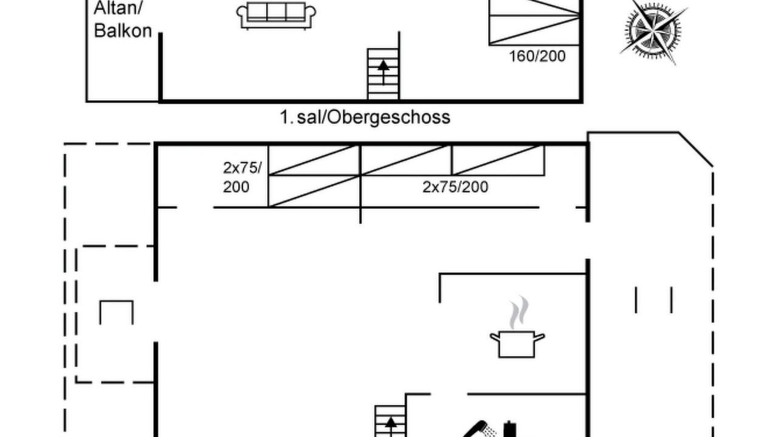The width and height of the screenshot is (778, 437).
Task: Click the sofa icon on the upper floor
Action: pyautogui.click(x=277, y=16)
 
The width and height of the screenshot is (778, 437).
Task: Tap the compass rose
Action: pyautogui.click(x=653, y=30)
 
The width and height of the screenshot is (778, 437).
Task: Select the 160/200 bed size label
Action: pyautogui.click(x=537, y=56)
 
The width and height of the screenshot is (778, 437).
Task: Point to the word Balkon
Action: pyautogui.click(x=123, y=30)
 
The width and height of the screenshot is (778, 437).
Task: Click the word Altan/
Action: pyautogui.click(x=118, y=8)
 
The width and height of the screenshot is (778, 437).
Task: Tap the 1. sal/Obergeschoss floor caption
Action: pyautogui.click(x=365, y=117)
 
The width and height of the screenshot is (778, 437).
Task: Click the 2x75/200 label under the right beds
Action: pyautogui.click(x=455, y=188)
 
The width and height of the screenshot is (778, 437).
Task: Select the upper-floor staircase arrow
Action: pyautogui.click(x=384, y=72)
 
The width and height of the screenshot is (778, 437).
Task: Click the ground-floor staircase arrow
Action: pyautogui.click(x=391, y=427)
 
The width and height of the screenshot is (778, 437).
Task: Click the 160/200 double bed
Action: pyautogui.click(x=534, y=22)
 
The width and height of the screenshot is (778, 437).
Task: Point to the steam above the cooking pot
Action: pyautogui.click(x=519, y=312)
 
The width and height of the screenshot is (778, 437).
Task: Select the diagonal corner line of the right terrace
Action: pyautogui.click(x=696, y=149)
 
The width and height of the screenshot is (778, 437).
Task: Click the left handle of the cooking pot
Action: pyautogui.click(x=495, y=337)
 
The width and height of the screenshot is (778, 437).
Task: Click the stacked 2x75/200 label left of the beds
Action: pyautogui.click(x=242, y=178)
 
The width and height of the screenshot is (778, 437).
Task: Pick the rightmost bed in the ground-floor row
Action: pyautogui.click(x=498, y=160)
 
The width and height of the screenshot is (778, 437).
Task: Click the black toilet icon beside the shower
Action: pyautogui.click(x=509, y=429)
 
